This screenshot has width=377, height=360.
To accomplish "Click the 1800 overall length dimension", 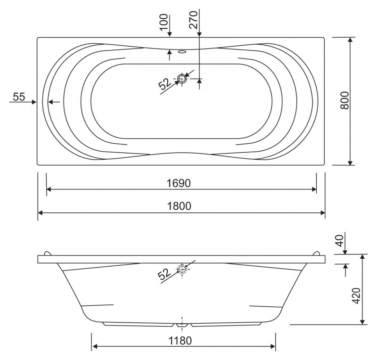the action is coord(179,206).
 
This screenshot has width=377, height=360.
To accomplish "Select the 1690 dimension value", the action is coord(179,183).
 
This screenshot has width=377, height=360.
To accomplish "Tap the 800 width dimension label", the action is coord(344,100).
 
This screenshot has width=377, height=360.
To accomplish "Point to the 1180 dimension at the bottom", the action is coord(180,341).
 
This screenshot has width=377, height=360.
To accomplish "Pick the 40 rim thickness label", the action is coord(339,241).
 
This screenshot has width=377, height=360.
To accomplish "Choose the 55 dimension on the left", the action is coord(19,97).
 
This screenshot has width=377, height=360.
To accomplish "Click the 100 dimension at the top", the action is coord(164,22).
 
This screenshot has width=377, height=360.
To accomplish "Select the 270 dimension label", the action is coord(193,20).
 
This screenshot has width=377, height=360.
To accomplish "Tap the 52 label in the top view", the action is coord(165,84).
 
